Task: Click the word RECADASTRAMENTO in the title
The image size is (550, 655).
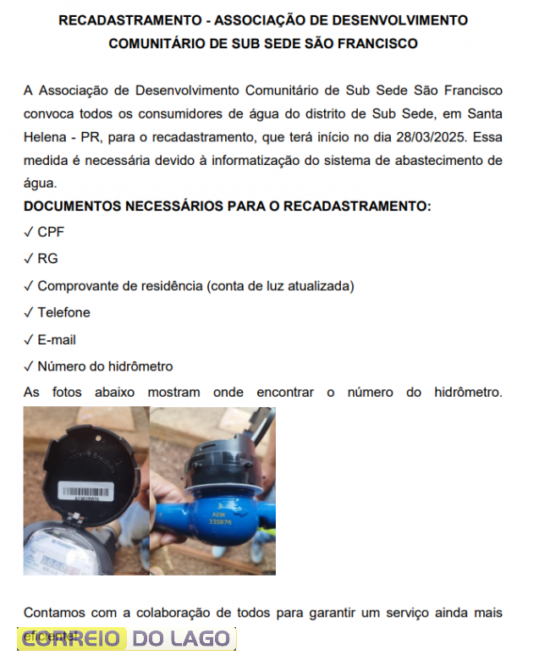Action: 121,19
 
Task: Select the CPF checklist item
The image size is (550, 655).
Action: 50,231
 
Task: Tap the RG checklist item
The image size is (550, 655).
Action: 47,258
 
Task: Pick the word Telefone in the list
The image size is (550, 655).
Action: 63,312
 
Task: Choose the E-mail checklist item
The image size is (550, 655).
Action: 57,339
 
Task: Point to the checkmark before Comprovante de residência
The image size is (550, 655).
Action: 29,285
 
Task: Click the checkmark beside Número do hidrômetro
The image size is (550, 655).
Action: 29,366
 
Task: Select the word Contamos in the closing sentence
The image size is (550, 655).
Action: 52,612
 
